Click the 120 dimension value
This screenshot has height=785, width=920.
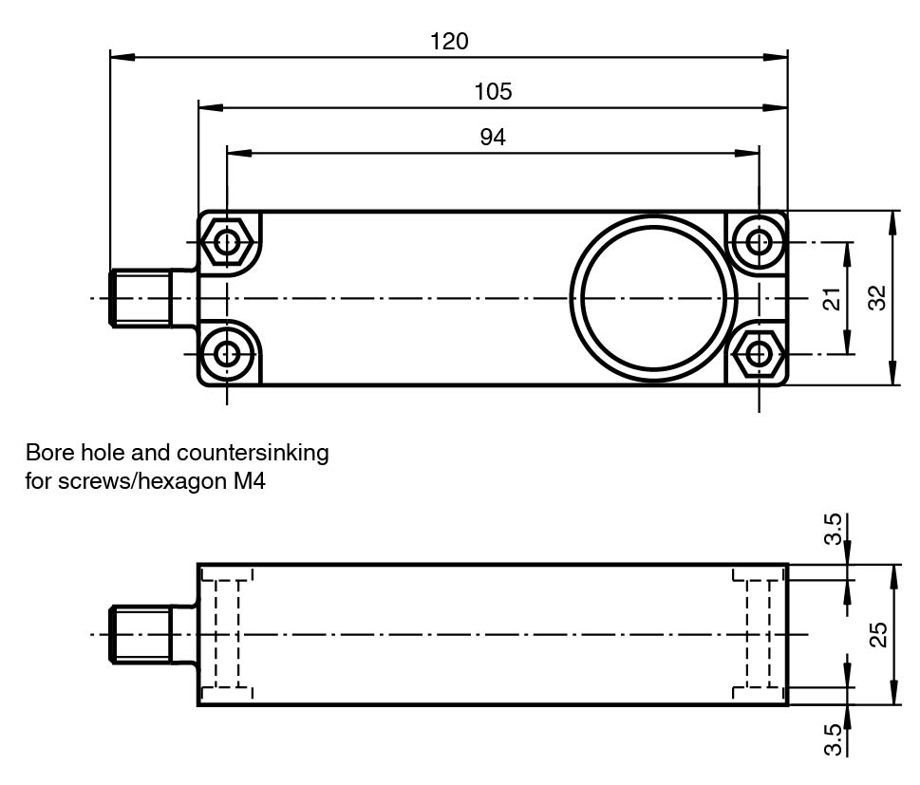click(x=449, y=42)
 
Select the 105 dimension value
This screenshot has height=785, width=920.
click(x=493, y=91)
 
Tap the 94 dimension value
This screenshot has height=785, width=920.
click(x=493, y=138)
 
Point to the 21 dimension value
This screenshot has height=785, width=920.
click(x=833, y=299)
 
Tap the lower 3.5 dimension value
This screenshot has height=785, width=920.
click(x=833, y=739)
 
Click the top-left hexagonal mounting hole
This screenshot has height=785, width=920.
click(x=227, y=242)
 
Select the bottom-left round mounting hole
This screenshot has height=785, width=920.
click(x=227, y=355)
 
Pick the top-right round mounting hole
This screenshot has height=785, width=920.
click(x=759, y=242)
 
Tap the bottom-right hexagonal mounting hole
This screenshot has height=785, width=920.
click(x=759, y=355)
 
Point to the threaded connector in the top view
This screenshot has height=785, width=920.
click(x=141, y=298)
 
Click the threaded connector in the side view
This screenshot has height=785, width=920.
click(x=141, y=634)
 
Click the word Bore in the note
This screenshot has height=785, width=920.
click(x=48, y=453)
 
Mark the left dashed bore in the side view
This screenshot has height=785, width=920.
click(x=227, y=634)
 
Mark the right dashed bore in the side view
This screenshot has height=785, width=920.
click(x=759, y=634)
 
